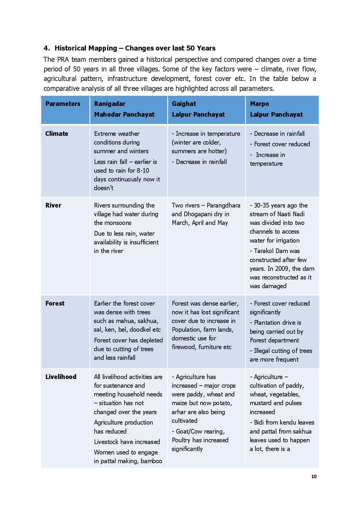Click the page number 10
point(314,476)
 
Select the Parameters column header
point(63,104)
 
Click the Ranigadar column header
point(110,104)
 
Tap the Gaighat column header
point(184,104)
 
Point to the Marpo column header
point(259,104)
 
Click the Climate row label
point(57,133)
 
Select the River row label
point(53,205)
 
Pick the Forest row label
point(55,303)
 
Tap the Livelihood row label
point(61,377)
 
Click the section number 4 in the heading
point(46,48)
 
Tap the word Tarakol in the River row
point(265,251)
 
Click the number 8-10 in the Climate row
point(143,170)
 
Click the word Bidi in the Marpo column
point(259,422)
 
